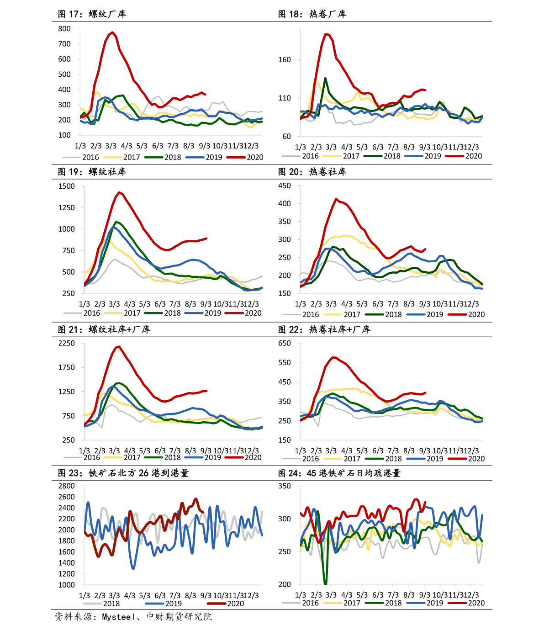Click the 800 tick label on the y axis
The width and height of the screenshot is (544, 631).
point(64,29)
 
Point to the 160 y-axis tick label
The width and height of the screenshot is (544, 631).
point(285,60)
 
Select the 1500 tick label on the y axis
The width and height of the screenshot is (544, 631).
point(66,186)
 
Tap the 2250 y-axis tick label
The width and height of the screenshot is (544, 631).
point(66,343)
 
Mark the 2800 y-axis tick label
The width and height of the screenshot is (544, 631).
point(66,486)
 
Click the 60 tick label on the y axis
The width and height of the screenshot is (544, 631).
point(286,136)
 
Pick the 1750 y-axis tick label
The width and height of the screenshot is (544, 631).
point(66,367)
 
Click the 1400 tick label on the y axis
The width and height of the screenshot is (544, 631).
point(66,563)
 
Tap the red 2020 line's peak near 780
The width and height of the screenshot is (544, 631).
point(112,32)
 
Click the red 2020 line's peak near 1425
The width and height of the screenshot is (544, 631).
point(119,192)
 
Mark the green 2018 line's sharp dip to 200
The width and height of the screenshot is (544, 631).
point(325,583)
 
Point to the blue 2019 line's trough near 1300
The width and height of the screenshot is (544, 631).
point(133,568)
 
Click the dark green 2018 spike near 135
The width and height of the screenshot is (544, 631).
point(325,78)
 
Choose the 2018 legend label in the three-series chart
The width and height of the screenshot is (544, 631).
point(111,604)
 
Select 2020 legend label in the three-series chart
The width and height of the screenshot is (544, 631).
point(236,604)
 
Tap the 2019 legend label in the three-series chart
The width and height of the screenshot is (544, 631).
point(173,604)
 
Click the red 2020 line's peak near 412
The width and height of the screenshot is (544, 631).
point(336,199)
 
